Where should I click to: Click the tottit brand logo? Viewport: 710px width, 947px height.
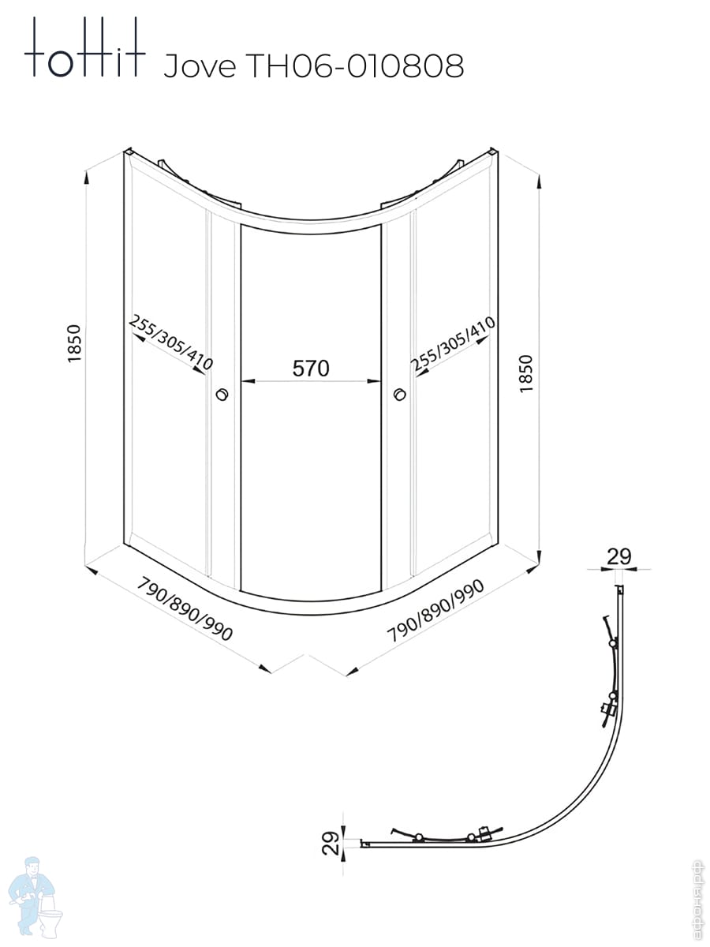pyautogui.click(x=85, y=47)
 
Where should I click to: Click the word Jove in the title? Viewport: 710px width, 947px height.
pyautogui.click(x=200, y=66)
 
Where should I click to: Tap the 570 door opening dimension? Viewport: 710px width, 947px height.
pyautogui.click(x=310, y=368)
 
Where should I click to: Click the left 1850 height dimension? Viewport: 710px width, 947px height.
pyautogui.click(x=75, y=344)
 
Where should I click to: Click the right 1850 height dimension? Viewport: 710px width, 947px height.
pyautogui.click(x=526, y=373)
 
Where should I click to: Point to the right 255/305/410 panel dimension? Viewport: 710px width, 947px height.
pyautogui.click(x=453, y=344)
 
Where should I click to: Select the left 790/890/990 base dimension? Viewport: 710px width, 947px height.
pyautogui.click(x=185, y=608)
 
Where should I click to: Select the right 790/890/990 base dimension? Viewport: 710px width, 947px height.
pyautogui.click(x=435, y=610)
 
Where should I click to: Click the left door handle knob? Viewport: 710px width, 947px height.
pyautogui.click(x=222, y=394)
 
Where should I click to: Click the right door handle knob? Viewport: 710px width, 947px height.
pyautogui.click(x=400, y=394)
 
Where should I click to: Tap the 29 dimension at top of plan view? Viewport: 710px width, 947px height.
pyautogui.click(x=619, y=556)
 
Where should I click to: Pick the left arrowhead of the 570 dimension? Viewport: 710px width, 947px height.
pyautogui.click(x=248, y=381)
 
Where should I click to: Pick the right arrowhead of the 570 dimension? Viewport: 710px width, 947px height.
pyautogui.click(x=374, y=381)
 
